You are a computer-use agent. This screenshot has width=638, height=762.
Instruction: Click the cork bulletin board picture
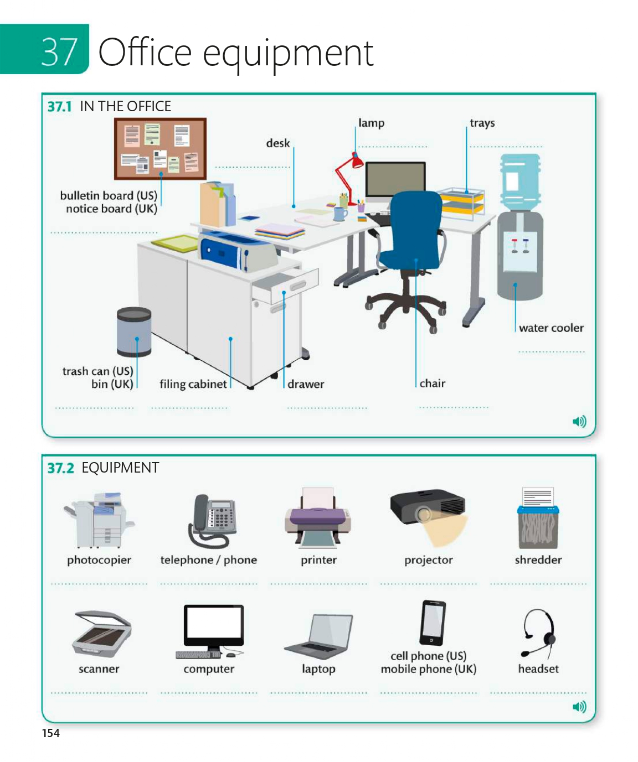[x=160, y=149]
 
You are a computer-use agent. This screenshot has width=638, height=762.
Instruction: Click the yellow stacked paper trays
[x=461, y=201]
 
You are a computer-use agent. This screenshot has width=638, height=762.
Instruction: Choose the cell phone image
[x=432, y=623]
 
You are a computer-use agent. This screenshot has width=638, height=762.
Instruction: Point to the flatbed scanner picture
[x=101, y=633]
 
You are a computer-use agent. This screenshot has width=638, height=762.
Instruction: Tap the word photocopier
[x=99, y=560]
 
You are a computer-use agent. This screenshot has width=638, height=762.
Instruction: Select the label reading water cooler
[x=551, y=328]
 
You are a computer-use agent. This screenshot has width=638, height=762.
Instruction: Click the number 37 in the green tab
[x=59, y=52]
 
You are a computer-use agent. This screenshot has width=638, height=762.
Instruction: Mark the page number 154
[x=51, y=733]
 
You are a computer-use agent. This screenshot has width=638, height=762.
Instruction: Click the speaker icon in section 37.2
[x=579, y=707]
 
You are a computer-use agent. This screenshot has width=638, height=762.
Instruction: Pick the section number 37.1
[x=59, y=106]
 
